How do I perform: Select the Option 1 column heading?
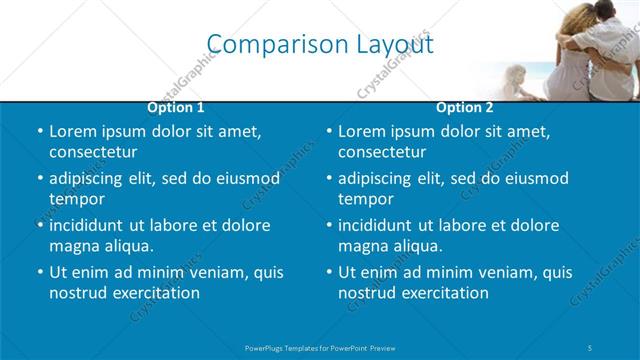click(176, 107)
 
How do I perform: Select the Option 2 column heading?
click(465, 107)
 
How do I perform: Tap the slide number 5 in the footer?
click(592, 347)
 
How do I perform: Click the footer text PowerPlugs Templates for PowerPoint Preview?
click(320, 347)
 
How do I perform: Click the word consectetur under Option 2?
click(382, 152)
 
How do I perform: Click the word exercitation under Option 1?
click(153, 293)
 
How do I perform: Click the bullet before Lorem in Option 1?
click(40, 132)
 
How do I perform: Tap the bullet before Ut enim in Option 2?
click(329, 273)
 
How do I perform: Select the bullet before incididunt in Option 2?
click(329, 226)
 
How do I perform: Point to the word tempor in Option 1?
click(77, 199)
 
